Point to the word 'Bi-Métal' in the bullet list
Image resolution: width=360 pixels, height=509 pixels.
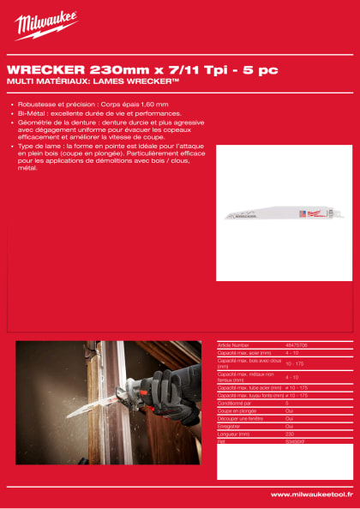(31, 113)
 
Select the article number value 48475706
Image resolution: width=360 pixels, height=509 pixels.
(297, 344)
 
